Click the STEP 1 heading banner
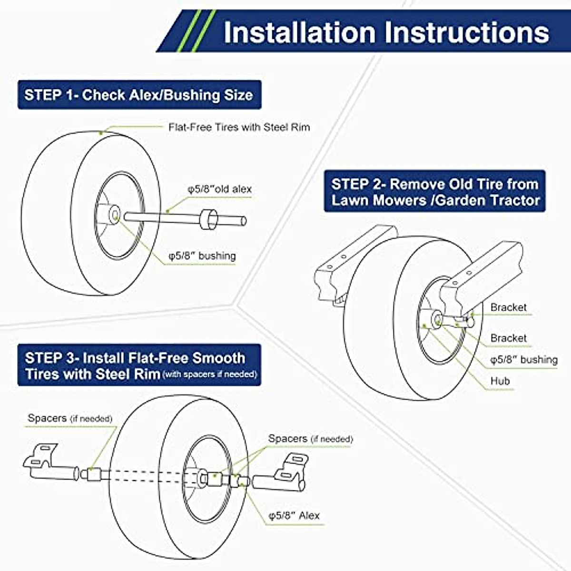139,95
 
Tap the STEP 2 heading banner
435,192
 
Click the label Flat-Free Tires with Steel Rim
239,127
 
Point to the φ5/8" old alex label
219,189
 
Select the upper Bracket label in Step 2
508,307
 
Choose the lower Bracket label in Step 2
508,338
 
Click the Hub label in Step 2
500,381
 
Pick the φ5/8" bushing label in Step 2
523,360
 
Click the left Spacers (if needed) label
70,419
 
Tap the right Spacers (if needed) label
310,439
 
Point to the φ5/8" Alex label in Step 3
294,516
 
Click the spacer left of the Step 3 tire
91,474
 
